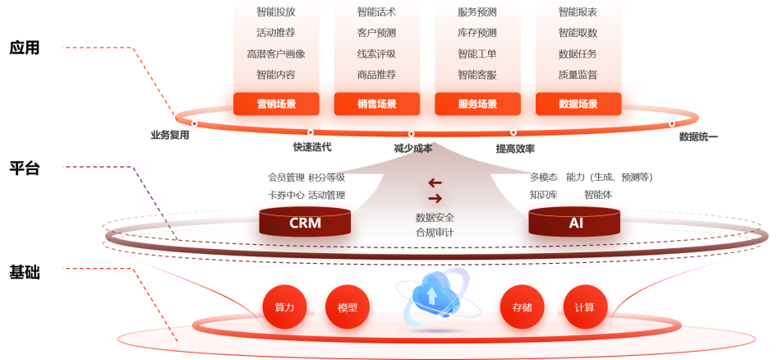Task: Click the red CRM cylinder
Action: click(x=305, y=222)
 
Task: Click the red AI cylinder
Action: click(x=575, y=222)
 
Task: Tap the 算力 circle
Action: click(x=284, y=307)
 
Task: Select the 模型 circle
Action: click(x=347, y=307)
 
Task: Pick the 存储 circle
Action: click(x=522, y=307)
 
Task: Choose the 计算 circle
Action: click(x=584, y=307)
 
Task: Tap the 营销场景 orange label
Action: click(x=276, y=104)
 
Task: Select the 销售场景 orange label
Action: click(x=376, y=104)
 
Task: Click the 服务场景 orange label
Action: click(x=477, y=104)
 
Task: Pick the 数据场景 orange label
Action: click(x=578, y=104)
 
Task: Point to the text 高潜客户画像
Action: click(x=276, y=54)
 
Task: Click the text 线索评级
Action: click(x=376, y=54)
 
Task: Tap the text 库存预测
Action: click(x=477, y=34)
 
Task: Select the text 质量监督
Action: click(x=578, y=75)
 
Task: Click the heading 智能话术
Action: click(x=376, y=12)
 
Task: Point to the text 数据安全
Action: click(x=435, y=218)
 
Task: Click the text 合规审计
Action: click(x=435, y=233)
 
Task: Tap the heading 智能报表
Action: click(x=578, y=12)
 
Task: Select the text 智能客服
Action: click(x=477, y=75)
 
